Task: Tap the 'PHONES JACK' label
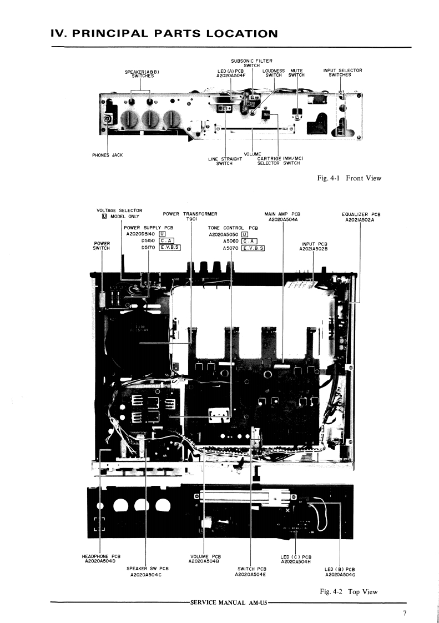coord(107,155)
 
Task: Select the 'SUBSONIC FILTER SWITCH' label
coord(251,63)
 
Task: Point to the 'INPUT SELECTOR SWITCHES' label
coord(342,73)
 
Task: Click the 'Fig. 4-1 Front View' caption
coord(350,178)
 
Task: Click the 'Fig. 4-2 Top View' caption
coord(349,592)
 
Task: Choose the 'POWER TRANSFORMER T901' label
coord(190,216)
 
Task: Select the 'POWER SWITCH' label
coord(102,246)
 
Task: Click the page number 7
coord(405,614)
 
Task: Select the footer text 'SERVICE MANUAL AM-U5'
coord(228,603)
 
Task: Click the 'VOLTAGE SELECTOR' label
coord(119,210)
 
